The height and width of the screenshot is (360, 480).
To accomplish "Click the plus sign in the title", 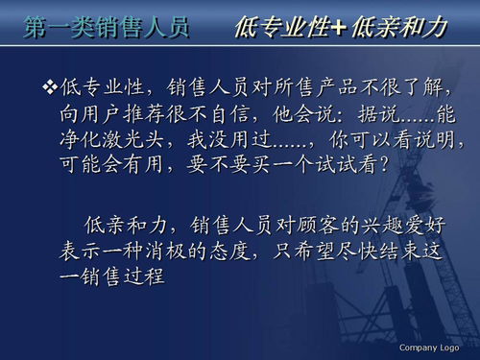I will coord(338,28).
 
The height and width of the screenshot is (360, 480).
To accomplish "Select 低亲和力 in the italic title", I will coord(397,27).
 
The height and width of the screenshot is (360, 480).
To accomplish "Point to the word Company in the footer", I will coord(419,347).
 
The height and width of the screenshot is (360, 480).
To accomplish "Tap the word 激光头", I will coord(145,141).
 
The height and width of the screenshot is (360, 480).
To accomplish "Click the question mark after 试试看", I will coord(383,166).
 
